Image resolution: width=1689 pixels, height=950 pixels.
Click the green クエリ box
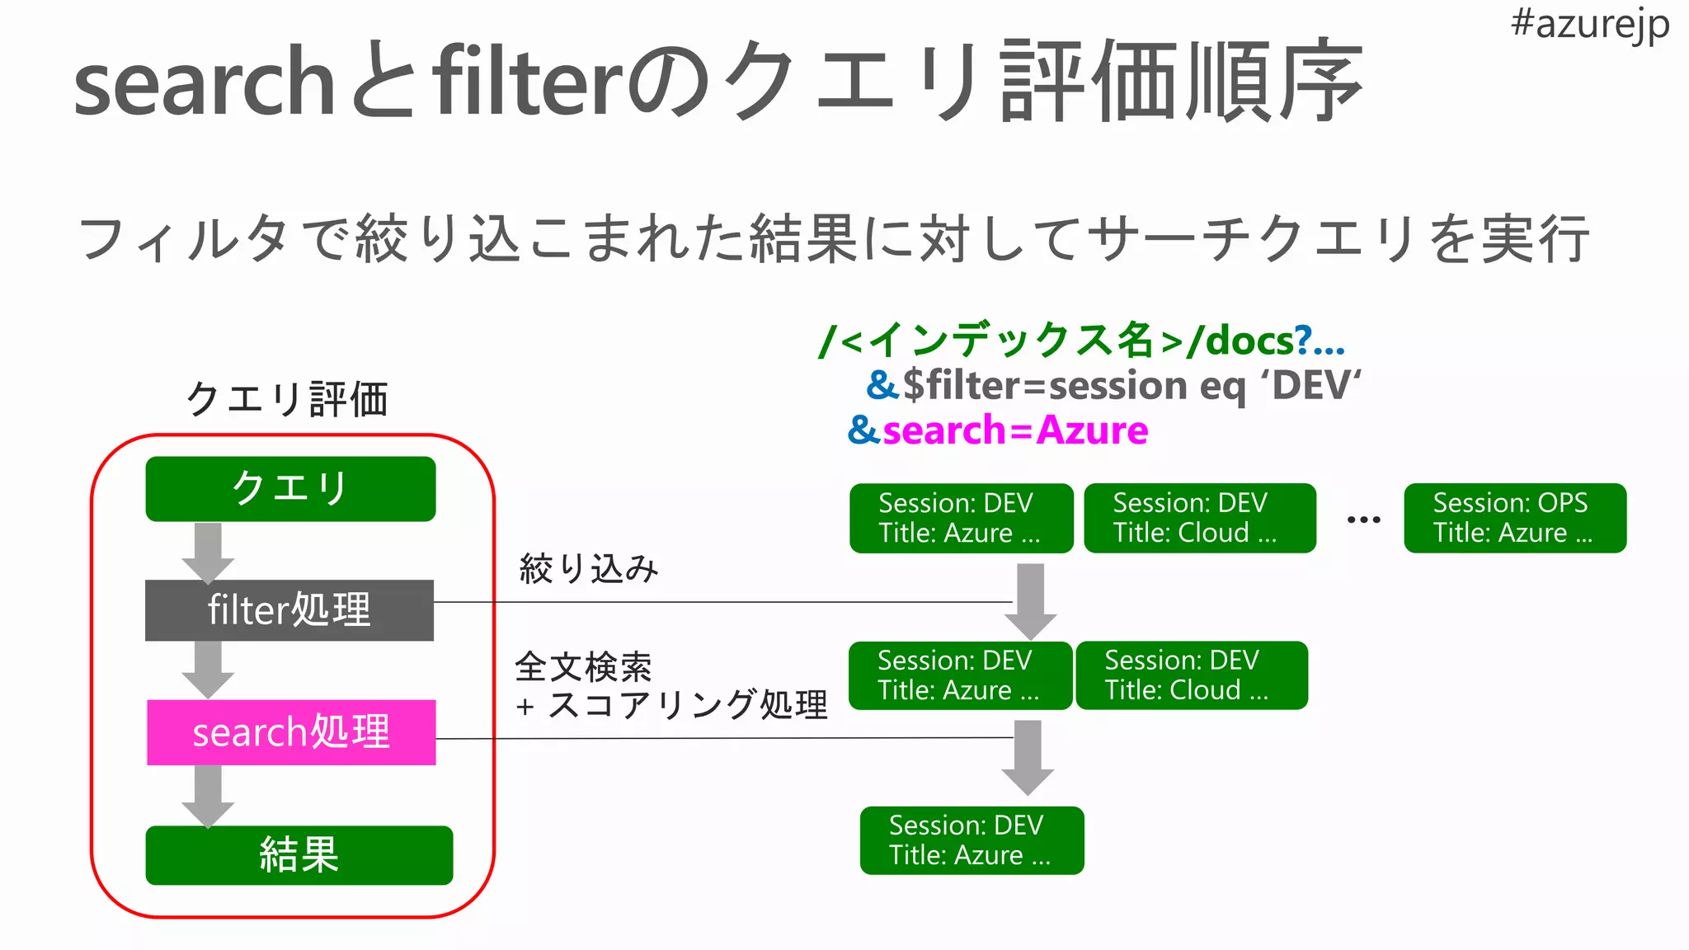tap(290, 489)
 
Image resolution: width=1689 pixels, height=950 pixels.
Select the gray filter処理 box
tap(289, 610)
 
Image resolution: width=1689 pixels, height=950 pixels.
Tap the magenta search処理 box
tap(291, 732)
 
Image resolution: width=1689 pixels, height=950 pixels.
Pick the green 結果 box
tap(299, 855)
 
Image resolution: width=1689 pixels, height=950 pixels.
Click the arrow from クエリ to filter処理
tap(208, 552)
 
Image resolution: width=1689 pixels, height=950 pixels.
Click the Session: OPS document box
tap(1515, 518)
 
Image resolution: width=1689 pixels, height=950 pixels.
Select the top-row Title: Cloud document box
tap(1199, 518)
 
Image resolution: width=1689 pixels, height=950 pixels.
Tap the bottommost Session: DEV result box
tap(972, 840)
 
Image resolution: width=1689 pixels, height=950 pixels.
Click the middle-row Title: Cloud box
tap(1191, 675)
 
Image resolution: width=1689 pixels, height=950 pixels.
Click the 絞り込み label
tap(589, 568)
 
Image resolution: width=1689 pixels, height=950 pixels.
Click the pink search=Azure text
tap(1014, 430)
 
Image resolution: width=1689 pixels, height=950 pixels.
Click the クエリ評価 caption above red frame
tap(287, 399)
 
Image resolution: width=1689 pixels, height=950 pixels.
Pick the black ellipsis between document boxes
tap(1363, 520)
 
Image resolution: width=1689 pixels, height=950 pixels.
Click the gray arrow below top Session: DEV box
tap(1030, 600)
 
